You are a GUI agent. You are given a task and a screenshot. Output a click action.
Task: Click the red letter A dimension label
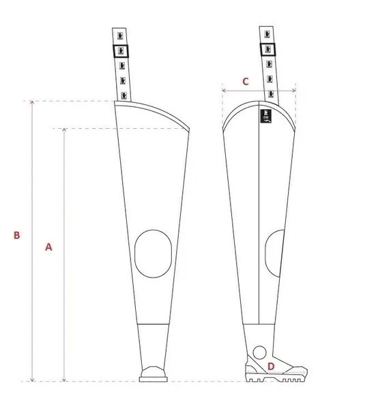click(48, 247)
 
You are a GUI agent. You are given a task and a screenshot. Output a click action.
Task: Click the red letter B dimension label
click(17, 235)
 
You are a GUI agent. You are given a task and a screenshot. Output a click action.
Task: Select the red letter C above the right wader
click(246, 81)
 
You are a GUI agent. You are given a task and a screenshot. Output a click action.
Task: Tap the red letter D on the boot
click(271, 366)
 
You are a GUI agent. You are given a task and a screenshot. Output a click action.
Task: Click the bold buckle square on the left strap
click(121, 51)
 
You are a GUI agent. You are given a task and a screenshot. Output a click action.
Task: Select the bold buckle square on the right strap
click(267, 49)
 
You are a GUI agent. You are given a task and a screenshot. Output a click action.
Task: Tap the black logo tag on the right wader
click(266, 116)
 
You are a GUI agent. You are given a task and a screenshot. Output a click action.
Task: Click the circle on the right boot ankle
click(259, 353)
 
